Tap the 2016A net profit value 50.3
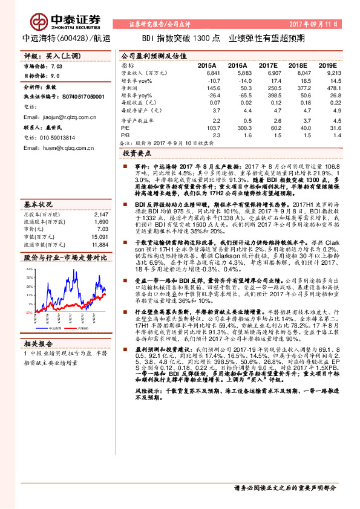click(x=243, y=88)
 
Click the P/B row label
click(x=125, y=137)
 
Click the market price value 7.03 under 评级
click(x=57, y=66)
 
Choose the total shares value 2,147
click(x=100, y=198)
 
